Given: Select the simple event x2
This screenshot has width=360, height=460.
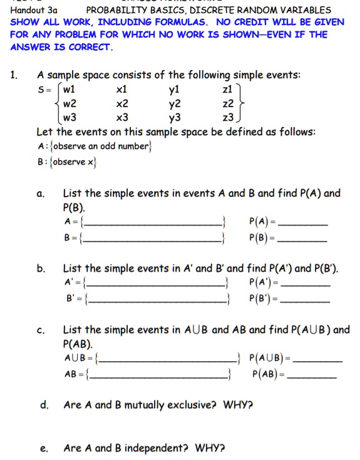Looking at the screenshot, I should [123, 103].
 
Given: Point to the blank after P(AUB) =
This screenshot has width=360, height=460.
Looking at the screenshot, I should [319, 361].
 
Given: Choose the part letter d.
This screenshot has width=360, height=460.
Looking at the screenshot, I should [44, 405].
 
